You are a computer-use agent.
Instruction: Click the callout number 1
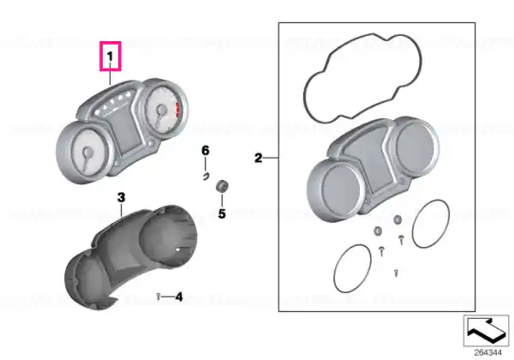[111, 57]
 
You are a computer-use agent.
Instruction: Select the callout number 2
[259, 158]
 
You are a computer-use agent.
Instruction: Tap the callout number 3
[122, 198]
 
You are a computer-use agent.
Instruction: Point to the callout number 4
[179, 297]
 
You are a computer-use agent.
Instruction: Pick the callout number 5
[222, 213]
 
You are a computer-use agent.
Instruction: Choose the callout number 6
[206, 151]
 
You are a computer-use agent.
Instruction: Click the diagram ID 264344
[487, 353]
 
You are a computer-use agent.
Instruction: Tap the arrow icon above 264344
[486, 331]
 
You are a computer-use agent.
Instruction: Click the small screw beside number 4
[158, 297]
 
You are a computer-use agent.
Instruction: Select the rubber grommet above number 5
[222, 186]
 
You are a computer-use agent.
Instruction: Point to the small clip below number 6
[206, 177]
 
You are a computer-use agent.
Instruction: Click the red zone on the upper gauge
[178, 110]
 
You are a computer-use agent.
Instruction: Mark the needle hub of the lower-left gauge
[87, 152]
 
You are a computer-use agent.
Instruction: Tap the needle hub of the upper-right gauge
[161, 109]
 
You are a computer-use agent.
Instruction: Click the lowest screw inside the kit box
[396, 273]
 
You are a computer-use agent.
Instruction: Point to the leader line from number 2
[271, 158]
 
